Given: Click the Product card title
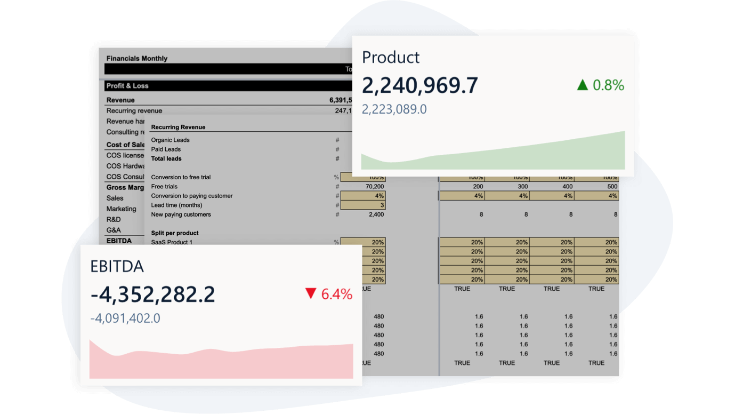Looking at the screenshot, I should click(391, 58).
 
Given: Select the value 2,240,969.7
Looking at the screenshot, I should click(420, 85).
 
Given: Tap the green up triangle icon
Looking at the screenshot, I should click(583, 85).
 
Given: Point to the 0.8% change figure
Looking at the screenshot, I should click(608, 85).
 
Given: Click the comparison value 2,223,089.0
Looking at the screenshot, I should click(394, 109).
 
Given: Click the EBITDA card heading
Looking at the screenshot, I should click(117, 267).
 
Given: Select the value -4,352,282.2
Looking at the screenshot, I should click(152, 294).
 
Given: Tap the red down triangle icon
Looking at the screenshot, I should click(311, 294).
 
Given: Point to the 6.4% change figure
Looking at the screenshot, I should click(336, 294).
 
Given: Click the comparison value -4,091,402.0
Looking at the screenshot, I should click(125, 319).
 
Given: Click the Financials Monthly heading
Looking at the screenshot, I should click(137, 59).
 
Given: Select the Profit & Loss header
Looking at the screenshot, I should click(127, 86).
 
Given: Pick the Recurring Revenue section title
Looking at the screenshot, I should click(178, 128).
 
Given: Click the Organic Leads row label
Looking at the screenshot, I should click(171, 140).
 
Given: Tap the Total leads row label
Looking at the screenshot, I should click(166, 159).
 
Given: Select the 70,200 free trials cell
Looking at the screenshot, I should click(373, 187).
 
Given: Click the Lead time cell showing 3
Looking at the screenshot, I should click(363, 205).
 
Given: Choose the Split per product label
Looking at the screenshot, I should click(175, 233).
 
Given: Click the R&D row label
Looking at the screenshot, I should click(114, 219).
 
